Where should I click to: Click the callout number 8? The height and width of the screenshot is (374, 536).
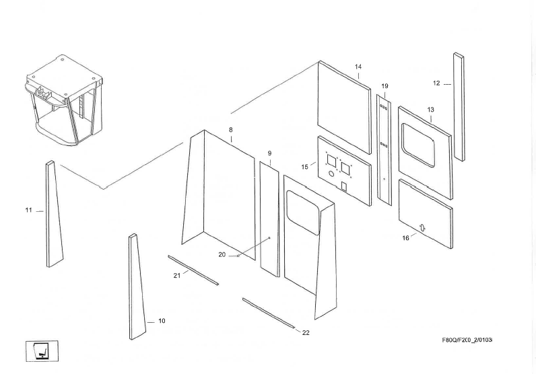coord(230,129)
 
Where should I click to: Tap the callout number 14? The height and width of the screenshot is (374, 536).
coord(358,67)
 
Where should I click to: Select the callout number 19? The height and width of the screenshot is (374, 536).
coord(384,86)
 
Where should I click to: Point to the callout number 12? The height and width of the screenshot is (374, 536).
coord(436,83)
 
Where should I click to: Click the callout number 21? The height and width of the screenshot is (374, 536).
coord(177,275)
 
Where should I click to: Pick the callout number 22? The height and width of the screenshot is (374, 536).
coord(306,332)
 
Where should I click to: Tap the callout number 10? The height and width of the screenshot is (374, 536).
coord(162,321)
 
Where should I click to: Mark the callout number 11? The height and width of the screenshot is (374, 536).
coord(29,211)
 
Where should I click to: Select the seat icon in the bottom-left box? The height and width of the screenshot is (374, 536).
coord(42,351)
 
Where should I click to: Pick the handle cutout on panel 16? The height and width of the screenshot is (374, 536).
coord(422,227)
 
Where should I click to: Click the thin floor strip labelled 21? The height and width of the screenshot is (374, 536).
coord(193,270)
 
